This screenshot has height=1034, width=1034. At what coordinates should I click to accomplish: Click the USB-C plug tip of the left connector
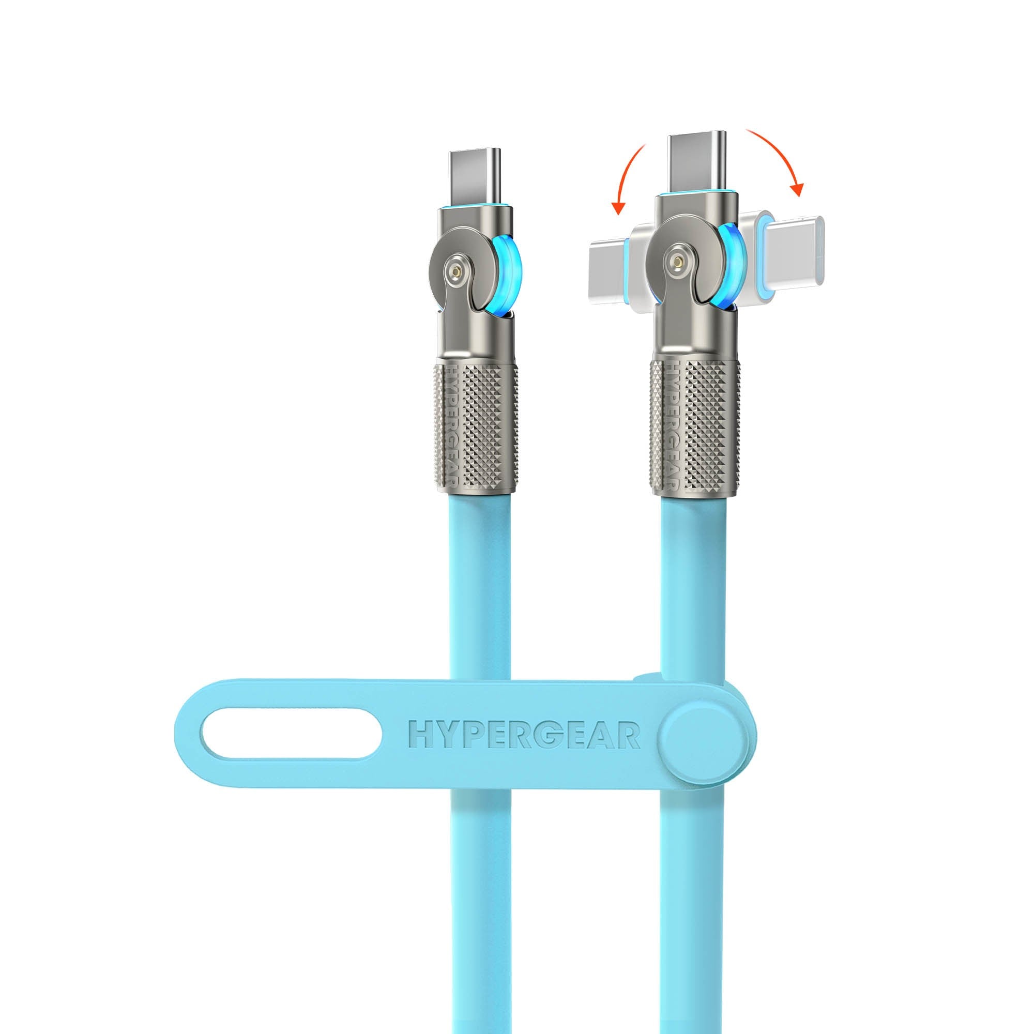475,176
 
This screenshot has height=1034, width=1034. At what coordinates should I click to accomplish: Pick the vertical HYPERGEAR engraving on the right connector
671,423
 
